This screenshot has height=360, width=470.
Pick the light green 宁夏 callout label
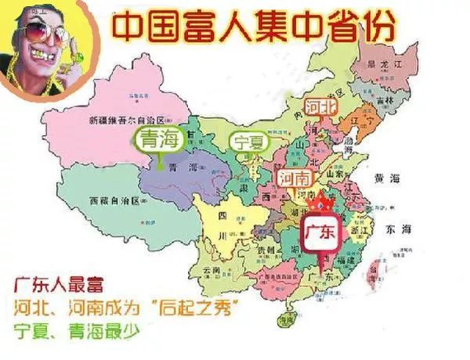tap(247, 142)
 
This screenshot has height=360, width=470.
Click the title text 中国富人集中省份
tap(252, 25)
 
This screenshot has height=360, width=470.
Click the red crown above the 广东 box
tap(320, 205)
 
